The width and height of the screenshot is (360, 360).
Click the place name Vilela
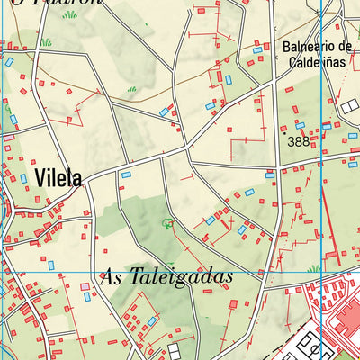(x=59, y=178)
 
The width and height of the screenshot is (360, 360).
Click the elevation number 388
(x=298, y=141)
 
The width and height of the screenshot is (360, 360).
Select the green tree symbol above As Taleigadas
(x=166, y=222)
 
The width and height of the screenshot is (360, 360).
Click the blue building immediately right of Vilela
(x=126, y=174)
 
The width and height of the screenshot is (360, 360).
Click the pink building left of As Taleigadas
(x=85, y=287)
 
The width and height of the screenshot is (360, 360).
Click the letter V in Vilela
(x=40, y=178)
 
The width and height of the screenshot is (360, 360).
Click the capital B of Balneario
(x=286, y=47)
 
